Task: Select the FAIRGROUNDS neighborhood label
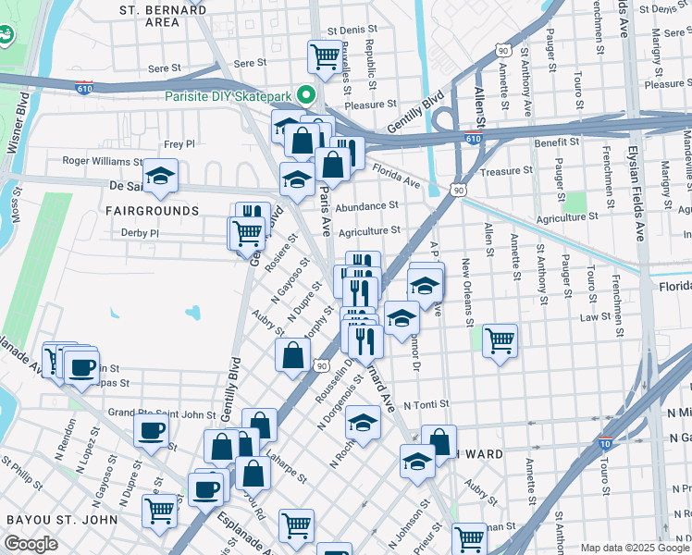click(152, 211)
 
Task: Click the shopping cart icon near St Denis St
click(325, 56)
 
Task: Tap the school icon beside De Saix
click(160, 176)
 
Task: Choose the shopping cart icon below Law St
click(500, 340)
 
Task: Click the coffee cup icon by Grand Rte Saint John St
click(151, 429)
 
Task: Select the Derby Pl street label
click(140, 233)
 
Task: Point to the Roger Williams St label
click(103, 160)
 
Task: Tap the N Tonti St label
click(427, 404)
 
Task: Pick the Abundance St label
click(366, 206)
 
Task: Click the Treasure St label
click(507, 171)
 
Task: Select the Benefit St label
click(556, 142)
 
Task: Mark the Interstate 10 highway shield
click(605, 445)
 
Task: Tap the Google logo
click(31, 544)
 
